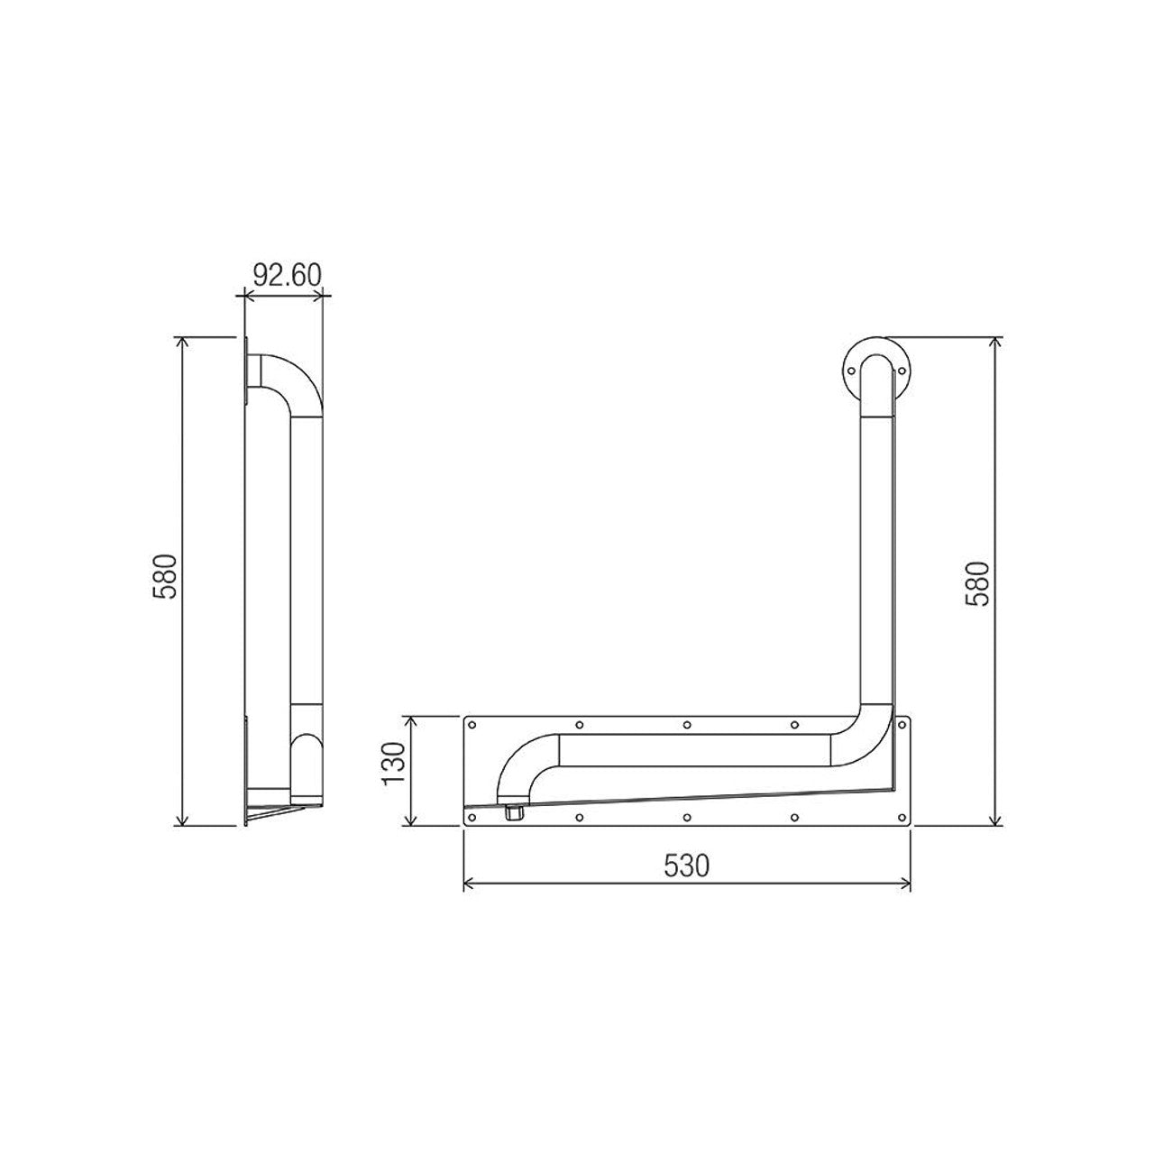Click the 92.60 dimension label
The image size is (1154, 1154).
pyautogui.click(x=286, y=274)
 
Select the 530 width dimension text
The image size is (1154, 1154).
pyautogui.click(x=687, y=865)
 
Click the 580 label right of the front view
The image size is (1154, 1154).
pyautogui.click(x=978, y=583)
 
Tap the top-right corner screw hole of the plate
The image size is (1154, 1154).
pyautogui.click(x=902, y=724)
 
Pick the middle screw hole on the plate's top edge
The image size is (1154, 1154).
pyautogui.click(x=687, y=724)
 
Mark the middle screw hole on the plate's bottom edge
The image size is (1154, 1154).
pyautogui.click(x=687, y=818)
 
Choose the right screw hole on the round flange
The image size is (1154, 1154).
pyautogui.click(x=901, y=368)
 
